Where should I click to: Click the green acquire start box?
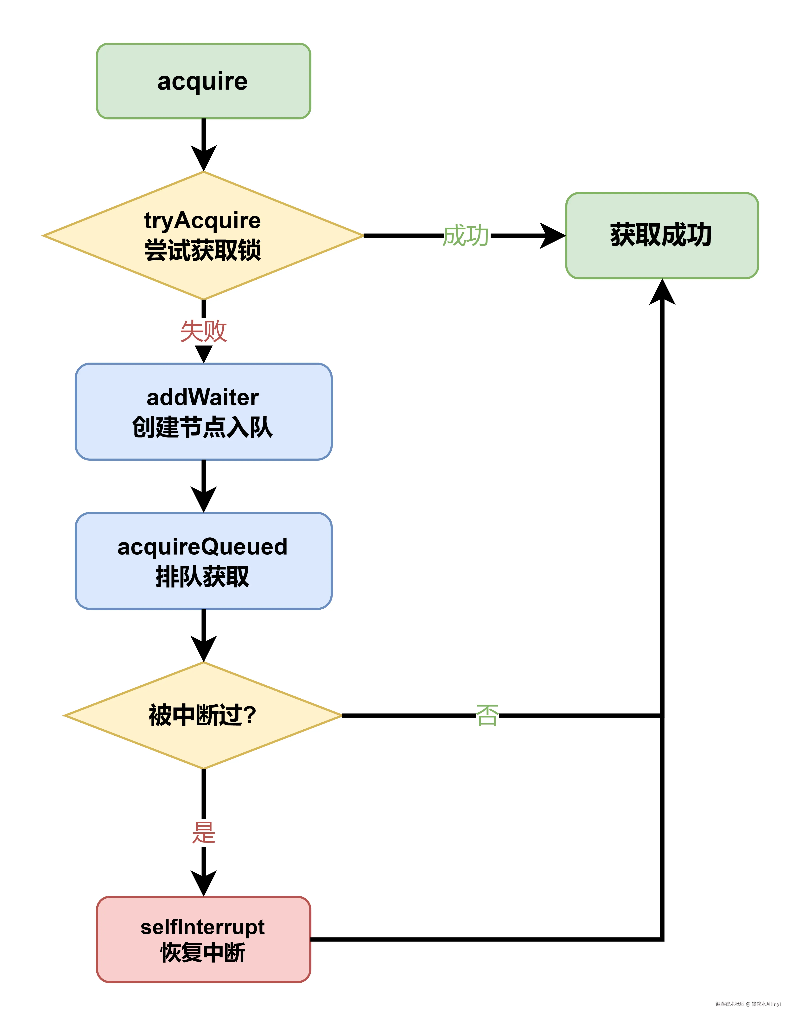[203, 81]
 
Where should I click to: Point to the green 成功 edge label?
[466, 235]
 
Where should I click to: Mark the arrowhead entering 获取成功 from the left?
[553, 235]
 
